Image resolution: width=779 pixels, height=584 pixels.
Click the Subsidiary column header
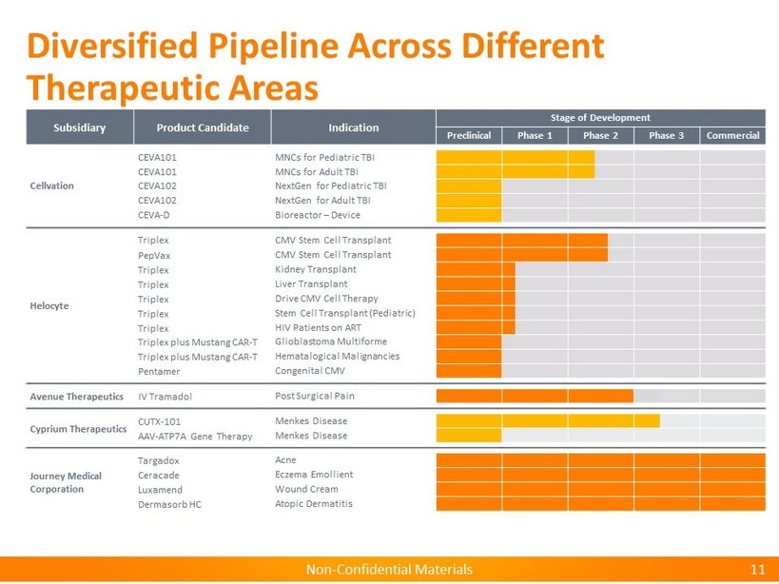(x=79, y=127)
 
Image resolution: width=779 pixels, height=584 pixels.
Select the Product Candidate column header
(x=203, y=127)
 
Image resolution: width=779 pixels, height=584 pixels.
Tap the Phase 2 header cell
(x=600, y=135)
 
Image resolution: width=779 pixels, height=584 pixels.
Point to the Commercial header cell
(x=732, y=135)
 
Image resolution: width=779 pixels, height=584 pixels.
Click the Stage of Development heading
(x=600, y=118)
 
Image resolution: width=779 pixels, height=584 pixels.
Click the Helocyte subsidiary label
(x=49, y=305)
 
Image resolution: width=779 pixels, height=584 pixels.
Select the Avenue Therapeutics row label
(x=76, y=396)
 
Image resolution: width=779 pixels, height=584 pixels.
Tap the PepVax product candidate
(x=154, y=255)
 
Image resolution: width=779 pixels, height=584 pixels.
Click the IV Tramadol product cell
(x=168, y=396)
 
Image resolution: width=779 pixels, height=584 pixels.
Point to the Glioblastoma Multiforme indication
(x=330, y=341)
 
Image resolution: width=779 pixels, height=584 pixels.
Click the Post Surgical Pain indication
(x=314, y=396)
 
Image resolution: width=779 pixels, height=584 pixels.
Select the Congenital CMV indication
(x=309, y=370)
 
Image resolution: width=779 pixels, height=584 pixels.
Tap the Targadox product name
(x=159, y=460)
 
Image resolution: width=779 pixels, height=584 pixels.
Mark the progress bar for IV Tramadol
(x=535, y=396)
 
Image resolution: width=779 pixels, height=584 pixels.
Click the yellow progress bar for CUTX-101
(x=547, y=420)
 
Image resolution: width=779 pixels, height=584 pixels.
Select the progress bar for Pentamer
(x=468, y=370)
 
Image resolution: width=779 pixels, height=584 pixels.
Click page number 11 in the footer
(x=757, y=570)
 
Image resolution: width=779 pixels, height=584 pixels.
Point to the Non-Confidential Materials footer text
(x=389, y=570)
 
